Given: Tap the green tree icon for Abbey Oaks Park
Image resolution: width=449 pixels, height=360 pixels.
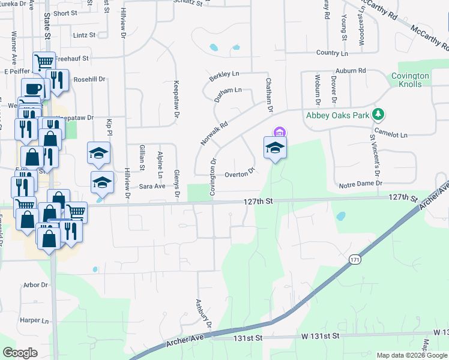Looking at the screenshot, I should click(x=378, y=113).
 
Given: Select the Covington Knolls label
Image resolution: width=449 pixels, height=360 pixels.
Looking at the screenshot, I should click(x=410, y=80).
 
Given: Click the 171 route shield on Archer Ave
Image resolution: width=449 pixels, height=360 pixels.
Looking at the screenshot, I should click(x=354, y=258).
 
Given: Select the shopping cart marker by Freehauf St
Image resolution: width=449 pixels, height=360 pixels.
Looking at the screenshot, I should click(x=44, y=61).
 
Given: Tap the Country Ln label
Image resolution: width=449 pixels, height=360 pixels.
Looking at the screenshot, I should click(x=332, y=53).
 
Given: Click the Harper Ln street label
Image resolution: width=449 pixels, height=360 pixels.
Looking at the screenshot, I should click(x=34, y=320).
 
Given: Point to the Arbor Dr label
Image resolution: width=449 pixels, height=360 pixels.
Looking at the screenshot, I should click(x=35, y=284).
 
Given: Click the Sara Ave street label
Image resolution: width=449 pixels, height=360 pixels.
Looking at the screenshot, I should click(x=152, y=187).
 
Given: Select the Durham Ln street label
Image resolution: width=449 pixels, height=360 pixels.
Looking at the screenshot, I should click(x=228, y=91).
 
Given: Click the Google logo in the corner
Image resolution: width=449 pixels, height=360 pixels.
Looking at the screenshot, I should click(x=20, y=353).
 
